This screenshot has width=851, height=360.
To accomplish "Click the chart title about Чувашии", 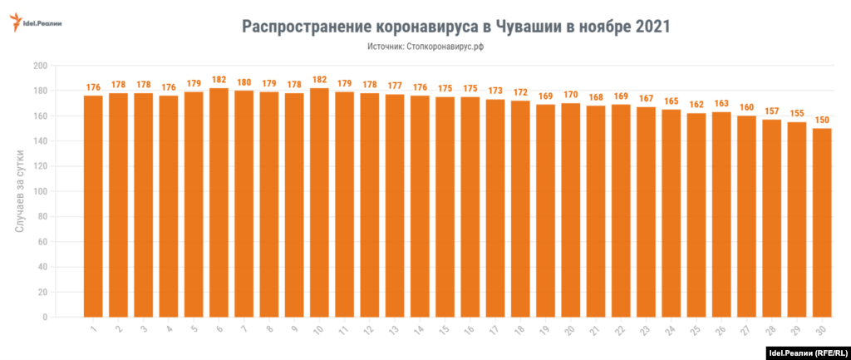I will coord(455,26).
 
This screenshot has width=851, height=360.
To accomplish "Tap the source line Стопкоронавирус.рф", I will coord(425,47).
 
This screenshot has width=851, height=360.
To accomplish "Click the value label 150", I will coord(822,120).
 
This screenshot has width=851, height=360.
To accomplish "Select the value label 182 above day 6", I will coord(219,80).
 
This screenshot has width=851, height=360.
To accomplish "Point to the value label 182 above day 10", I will coord(319,80).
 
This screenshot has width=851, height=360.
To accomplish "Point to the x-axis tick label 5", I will coord(194,331).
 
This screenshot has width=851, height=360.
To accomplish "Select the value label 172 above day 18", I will coord(520,92).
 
